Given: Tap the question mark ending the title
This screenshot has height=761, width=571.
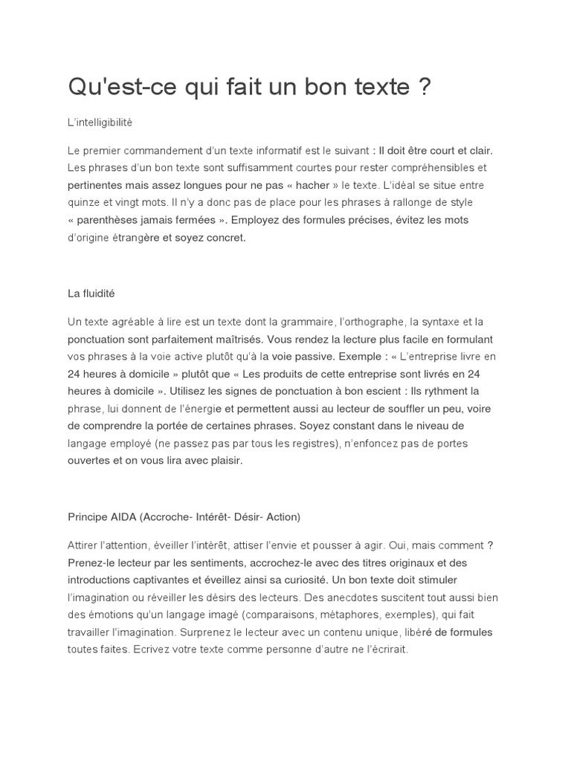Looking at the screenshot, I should pyautogui.click(x=425, y=88).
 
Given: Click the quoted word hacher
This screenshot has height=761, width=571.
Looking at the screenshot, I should pyautogui.click(x=312, y=185).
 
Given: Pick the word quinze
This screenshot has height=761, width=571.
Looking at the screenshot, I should pyautogui.click(x=85, y=202).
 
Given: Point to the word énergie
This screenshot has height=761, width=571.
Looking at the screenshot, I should pyautogui.click(x=199, y=408).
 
